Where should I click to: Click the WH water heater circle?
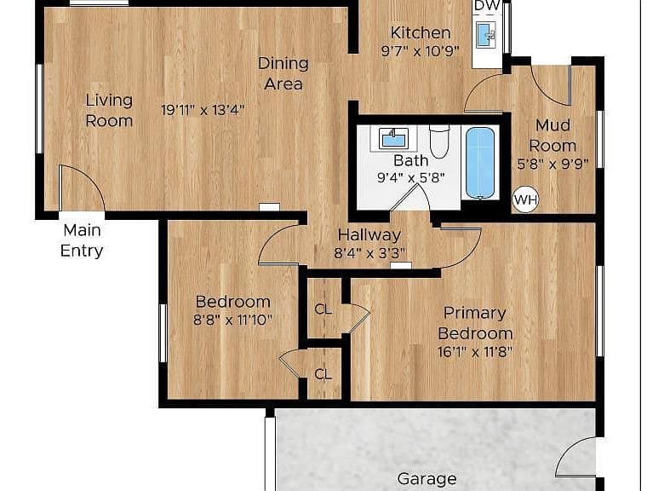tap(526, 200)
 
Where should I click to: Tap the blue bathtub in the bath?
tap(480, 163)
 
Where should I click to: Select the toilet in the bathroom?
tap(439, 142)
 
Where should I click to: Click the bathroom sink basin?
tap(393, 138)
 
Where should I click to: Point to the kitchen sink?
tap(486, 34)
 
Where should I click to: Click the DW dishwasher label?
tap(487, 5)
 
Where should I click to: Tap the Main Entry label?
tap(82, 240)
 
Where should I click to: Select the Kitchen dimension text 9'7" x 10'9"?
tap(420, 51)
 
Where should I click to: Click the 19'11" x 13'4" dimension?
tap(203, 110)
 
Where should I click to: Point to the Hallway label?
tap(369, 234)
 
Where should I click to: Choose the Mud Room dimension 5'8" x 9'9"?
tap(553, 164)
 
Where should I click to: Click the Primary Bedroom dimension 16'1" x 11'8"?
tap(475, 352)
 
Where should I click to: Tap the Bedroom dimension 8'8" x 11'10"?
tap(232, 320)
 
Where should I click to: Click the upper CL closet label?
tap(323, 309)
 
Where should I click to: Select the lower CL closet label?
tap(323, 374)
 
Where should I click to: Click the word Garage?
tap(427, 479)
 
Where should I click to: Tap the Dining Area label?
tap(283, 73)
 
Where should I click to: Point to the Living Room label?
tap(109, 110)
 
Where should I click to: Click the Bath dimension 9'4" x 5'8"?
tap(411, 178)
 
